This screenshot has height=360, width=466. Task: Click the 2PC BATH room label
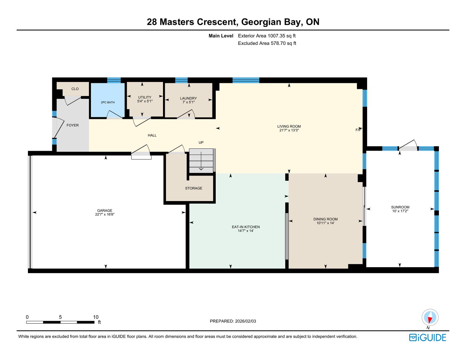(108, 102)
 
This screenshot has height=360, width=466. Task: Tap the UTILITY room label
(145, 97)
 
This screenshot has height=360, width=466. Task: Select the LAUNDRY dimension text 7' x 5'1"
(188, 102)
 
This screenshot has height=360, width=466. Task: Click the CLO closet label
(75, 89)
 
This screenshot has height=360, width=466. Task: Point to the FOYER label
(73, 125)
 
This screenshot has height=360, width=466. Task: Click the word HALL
(152, 135)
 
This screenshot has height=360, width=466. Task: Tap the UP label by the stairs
(201, 142)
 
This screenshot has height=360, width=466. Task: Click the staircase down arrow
(201, 161)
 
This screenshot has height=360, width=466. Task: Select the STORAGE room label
(194, 188)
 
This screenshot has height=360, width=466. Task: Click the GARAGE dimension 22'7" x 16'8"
(105, 214)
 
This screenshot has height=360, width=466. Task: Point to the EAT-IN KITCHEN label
(246, 227)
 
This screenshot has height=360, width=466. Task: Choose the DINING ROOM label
(326, 219)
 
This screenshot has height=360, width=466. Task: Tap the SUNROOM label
(400, 207)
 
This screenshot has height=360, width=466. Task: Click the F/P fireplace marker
(358, 130)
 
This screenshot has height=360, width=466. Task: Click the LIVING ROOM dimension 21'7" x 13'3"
(289, 130)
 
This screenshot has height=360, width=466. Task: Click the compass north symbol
(430, 317)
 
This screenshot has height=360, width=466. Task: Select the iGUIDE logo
(428, 338)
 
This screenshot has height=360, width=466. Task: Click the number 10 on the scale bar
(96, 317)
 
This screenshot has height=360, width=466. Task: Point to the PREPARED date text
(233, 321)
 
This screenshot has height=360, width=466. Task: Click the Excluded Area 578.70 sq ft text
(267, 43)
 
